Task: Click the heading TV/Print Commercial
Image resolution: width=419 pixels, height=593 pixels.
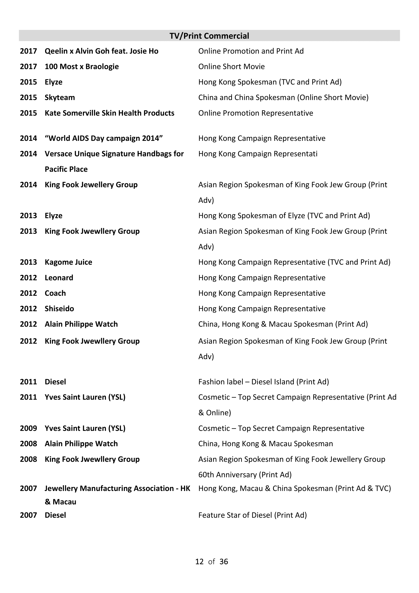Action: (209, 36)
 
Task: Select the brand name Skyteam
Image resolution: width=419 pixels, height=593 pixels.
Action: (60, 97)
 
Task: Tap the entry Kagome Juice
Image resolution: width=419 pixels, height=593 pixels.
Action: (68, 262)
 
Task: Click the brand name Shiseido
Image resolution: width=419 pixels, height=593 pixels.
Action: (59, 308)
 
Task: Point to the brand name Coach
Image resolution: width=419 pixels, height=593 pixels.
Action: (55, 293)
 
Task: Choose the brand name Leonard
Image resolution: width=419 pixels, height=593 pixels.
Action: (59, 277)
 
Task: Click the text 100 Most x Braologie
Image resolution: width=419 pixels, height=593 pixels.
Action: (82, 66)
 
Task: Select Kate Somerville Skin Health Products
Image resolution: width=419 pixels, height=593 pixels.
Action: (110, 113)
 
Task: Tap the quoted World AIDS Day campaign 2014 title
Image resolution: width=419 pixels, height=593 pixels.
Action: (103, 138)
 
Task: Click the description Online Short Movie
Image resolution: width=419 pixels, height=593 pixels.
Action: (231, 66)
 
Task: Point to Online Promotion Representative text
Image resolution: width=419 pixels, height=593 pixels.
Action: (256, 113)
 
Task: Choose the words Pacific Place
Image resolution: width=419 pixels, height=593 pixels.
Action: (66, 169)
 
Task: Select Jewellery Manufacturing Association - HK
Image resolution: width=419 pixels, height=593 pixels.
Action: (117, 488)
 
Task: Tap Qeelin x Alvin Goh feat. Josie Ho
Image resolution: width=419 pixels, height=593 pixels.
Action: (101, 51)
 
